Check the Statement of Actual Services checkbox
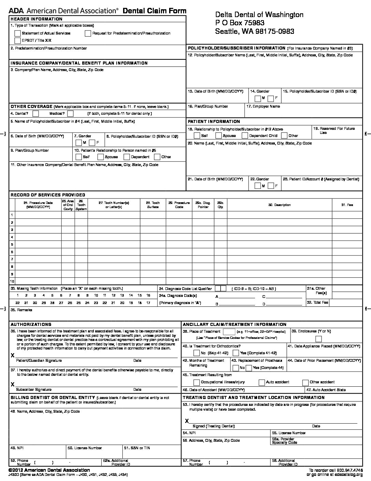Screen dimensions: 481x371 tap(17, 33)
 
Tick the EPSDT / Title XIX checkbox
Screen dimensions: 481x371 tap(17, 41)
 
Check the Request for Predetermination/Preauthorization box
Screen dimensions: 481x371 tap(88, 33)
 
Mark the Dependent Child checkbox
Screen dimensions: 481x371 tap(244, 136)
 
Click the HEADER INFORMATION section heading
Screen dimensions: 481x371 tap(36, 19)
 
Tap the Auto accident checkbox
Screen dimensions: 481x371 tap(262, 382)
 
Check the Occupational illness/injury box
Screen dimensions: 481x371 tap(196, 382)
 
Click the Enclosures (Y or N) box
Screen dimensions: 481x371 tap(318, 339)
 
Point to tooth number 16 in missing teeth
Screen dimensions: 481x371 tap(148, 296)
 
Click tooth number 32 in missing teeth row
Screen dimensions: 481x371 tap(17, 303)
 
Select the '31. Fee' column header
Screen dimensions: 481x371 tap(347, 205)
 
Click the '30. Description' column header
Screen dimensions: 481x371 tap(279, 205)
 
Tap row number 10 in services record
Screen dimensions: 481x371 tap(12, 281)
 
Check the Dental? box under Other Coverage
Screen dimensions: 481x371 tap(35, 113)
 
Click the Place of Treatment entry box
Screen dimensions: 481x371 tap(229, 332)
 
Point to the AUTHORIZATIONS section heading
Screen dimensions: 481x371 tap(31, 325)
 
